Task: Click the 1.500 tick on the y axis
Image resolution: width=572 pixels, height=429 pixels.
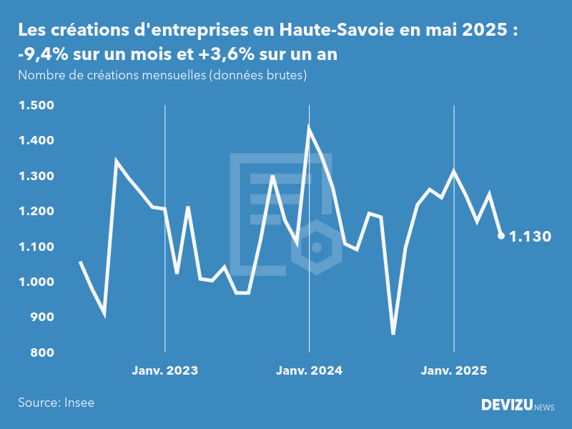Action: (36, 106)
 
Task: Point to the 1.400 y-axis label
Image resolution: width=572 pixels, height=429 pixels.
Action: (36, 141)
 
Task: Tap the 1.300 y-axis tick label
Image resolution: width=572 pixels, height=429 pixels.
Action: (36, 177)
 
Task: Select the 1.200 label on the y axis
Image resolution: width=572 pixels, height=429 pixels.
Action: (36, 212)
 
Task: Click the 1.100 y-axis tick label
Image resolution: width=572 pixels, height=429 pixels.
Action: (36, 247)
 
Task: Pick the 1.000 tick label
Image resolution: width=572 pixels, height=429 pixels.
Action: (36, 282)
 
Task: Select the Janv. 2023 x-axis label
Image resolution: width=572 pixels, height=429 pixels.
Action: (164, 370)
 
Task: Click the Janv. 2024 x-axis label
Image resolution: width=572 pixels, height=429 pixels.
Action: (309, 370)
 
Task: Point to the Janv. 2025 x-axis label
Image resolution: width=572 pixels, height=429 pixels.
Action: (453, 370)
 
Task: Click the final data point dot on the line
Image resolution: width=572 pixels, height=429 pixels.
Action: (501, 235)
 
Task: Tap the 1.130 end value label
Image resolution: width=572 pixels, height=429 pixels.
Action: (530, 237)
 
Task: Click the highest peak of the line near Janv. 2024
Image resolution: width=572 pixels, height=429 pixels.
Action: (309, 127)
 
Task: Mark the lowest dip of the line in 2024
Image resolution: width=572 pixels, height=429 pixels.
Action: (393, 332)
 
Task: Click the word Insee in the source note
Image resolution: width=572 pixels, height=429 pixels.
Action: (79, 403)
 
